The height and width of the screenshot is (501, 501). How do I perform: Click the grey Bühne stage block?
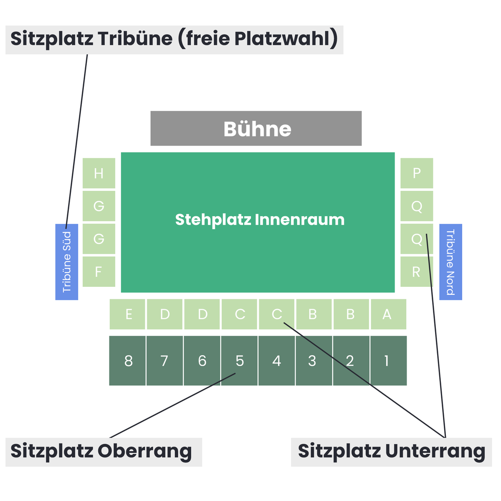pyautogui.click(x=256, y=128)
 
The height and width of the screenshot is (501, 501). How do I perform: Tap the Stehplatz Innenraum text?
pyautogui.click(x=259, y=220)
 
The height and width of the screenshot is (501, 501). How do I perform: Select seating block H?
pyautogui.click(x=99, y=173)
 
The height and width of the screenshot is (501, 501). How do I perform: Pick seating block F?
pyautogui.click(x=99, y=271)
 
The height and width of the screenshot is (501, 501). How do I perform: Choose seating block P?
pyautogui.click(x=417, y=173)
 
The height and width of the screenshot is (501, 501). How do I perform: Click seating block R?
pyautogui.click(x=417, y=271)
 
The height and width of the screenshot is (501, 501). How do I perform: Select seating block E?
pyautogui.click(x=127, y=314)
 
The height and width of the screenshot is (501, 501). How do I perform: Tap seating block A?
pyautogui.click(x=388, y=314)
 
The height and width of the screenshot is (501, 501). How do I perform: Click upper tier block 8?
pyautogui.click(x=127, y=361)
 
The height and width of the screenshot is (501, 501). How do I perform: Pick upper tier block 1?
pyautogui.click(x=388, y=361)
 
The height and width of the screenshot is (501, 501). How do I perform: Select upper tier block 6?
pyautogui.click(x=202, y=361)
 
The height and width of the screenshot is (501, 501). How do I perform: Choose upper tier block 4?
pyautogui.click(x=277, y=361)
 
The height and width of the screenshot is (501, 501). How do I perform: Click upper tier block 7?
pyautogui.click(x=164, y=361)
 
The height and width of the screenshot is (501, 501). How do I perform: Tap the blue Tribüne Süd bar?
pyautogui.click(x=66, y=262)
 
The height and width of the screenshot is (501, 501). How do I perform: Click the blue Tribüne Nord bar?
pyautogui.click(x=450, y=262)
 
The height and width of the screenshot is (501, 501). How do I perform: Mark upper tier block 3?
pyautogui.click(x=314, y=361)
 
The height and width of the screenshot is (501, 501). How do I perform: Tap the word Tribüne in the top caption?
pyautogui.click(x=135, y=38)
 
